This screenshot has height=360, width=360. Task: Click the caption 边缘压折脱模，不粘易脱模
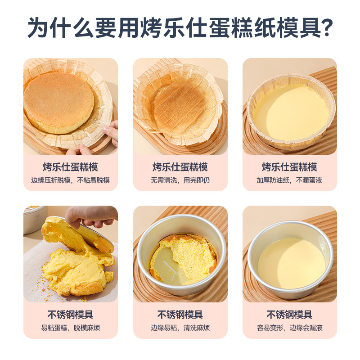[x=71, y=180]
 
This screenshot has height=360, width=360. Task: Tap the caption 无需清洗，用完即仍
[x=180, y=180]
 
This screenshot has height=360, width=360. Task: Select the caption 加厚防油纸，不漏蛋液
[x=289, y=180]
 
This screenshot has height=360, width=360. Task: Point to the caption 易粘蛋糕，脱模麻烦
[x=71, y=328]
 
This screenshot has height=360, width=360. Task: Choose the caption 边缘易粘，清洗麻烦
[x=180, y=328]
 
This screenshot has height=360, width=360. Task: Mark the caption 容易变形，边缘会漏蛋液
[x=289, y=328]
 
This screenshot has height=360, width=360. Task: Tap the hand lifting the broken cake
[x=91, y=216]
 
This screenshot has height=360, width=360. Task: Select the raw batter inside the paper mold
[x=291, y=112]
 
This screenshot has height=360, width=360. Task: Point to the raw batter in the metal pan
[x=291, y=263]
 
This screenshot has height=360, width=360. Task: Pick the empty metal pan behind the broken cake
[x=35, y=219]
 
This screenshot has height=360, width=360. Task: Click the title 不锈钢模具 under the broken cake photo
[x=71, y=315]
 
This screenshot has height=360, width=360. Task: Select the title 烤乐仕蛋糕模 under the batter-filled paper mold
[x=289, y=167]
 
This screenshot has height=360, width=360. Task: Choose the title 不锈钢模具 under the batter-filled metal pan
[x=289, y=315]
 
